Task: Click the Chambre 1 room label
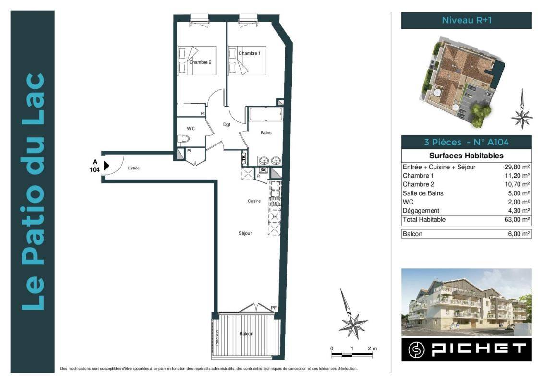click(x=249, y=53)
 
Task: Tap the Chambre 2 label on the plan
click(x=200, y=62)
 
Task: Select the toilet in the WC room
click(x=183, y=139)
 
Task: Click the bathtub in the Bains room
click(x=265, y=114)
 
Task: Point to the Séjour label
click(x=245, y=233)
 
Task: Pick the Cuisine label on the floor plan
click(x=254, y=201)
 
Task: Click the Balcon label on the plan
click(x=246, y=334)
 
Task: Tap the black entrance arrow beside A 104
click(x=107, y=166)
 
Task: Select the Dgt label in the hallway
click(x=227, y=125)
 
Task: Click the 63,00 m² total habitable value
click(x=517, y=219)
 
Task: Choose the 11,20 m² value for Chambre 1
click(x=517, y=176)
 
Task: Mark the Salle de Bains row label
click(x=423, y=193)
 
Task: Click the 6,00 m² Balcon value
click(x=519, y=234)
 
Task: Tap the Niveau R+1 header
click(x=467, y=20)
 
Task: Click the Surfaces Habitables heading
click(x=466, y=156)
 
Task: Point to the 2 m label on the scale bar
click(x=373, y=348)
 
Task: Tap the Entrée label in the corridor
click(x=133, y=168)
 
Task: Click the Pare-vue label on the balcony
click(x=217, y=337)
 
